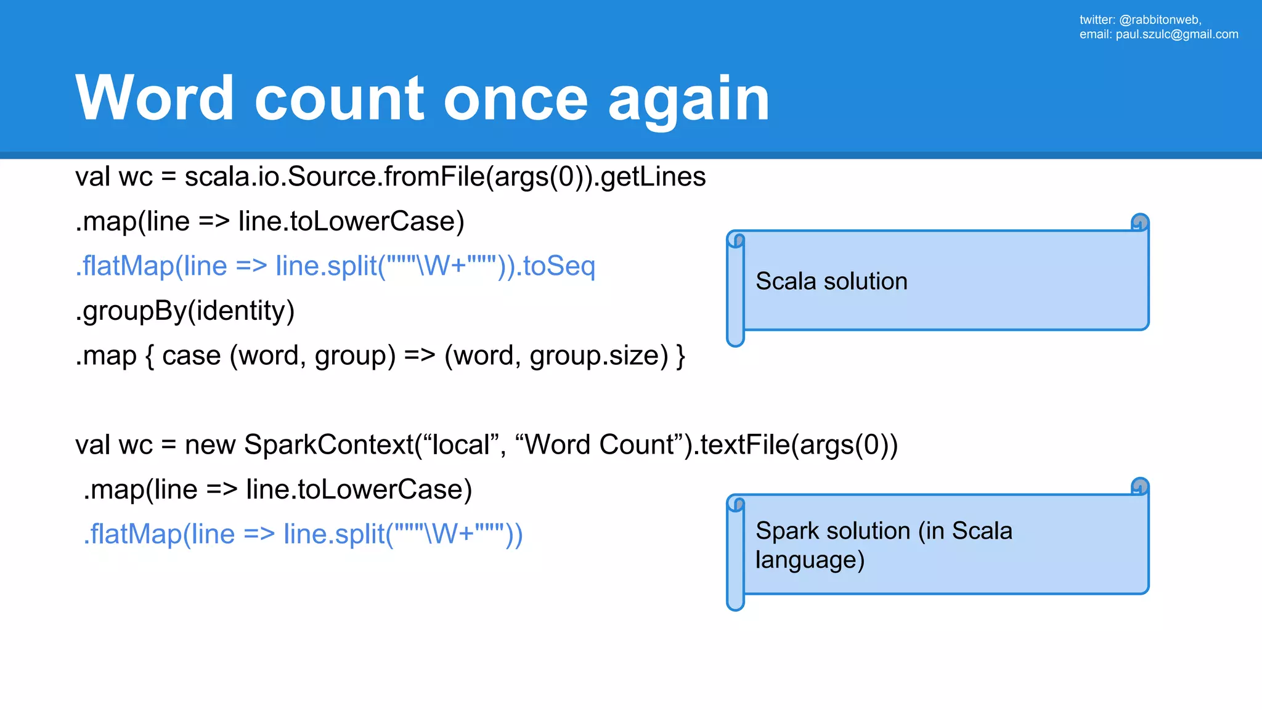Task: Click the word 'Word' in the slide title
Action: click(x=154, y=99)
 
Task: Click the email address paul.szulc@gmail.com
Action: click(x=1176, y=35)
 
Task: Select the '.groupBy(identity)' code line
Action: click(x=185, y=311)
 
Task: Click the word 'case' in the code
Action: click(x=191, y=356)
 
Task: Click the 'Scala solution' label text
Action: click(x=831, y=282)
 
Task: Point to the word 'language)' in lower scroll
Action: click(x=810, y=560)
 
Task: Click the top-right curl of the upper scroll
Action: click(x=1140, y=222)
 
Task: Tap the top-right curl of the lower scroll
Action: click(x=1140, y=486)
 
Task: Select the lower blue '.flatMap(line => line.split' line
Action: click(x=303, y=534)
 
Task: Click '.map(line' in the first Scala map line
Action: click(x=132, y=222)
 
